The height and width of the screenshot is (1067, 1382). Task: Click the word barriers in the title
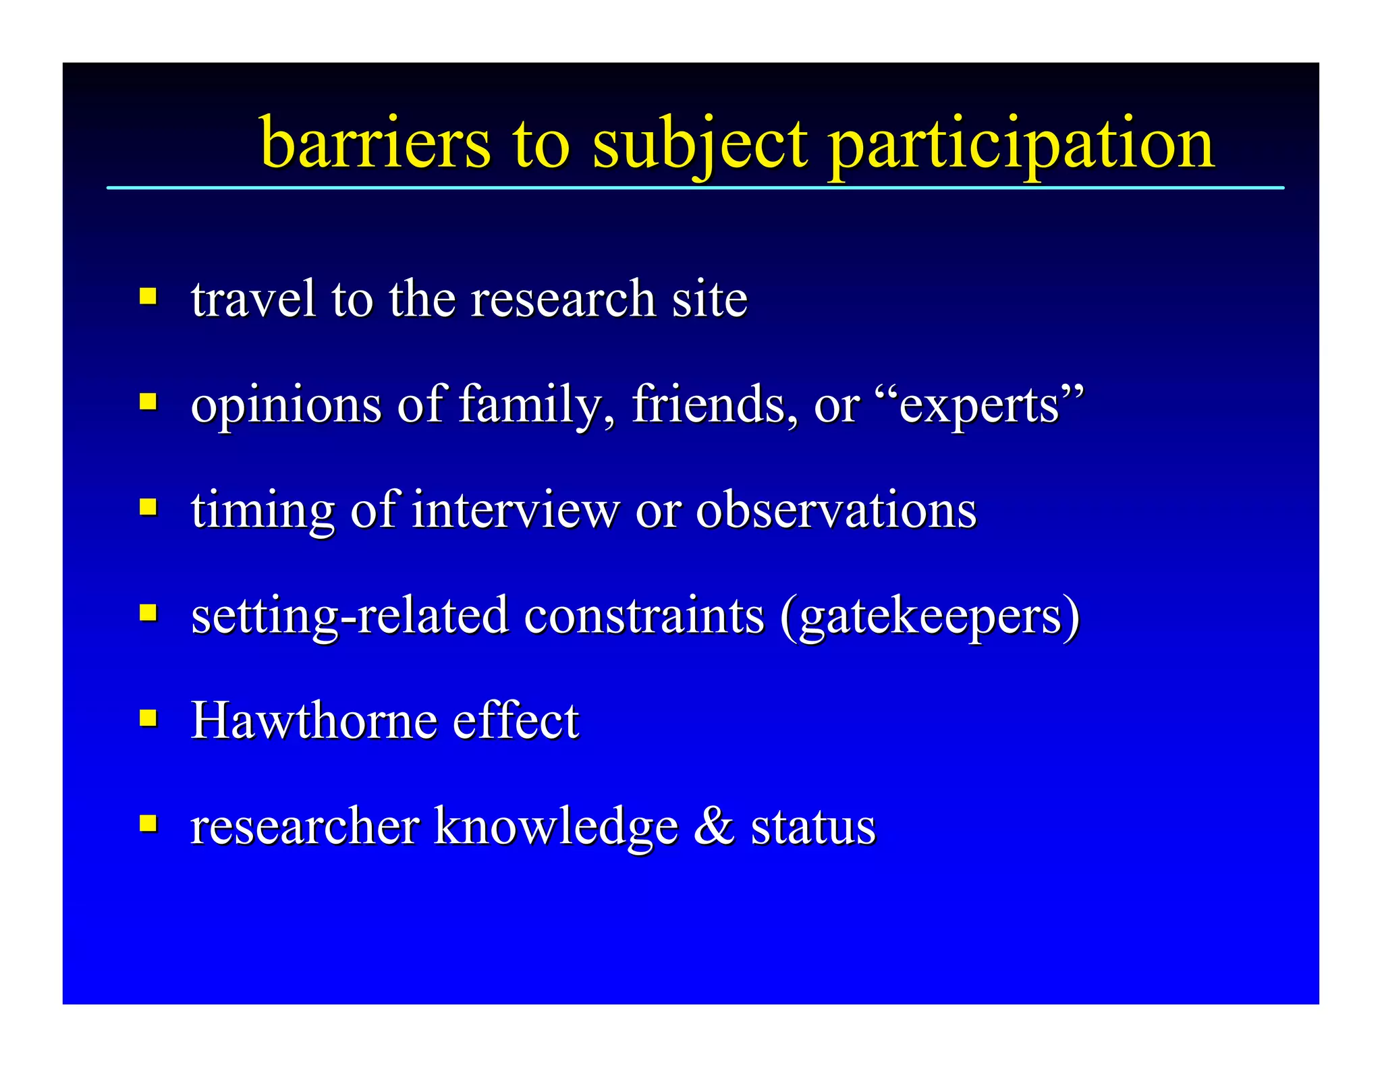(x=375, y=143)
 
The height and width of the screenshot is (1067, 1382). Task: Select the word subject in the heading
(x=699, y=145)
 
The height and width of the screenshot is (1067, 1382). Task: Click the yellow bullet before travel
(x=148, y=296)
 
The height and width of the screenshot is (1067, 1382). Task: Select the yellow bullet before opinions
(x=148, y=402)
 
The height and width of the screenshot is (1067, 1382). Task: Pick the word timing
(x=262, y=511)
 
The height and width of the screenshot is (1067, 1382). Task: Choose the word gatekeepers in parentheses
(x=930, y=616)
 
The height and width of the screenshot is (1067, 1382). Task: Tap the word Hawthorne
(x=314, y=720)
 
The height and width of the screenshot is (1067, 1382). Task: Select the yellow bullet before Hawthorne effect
(x=148, y=718)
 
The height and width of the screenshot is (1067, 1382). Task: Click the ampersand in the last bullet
(x=714, y=826)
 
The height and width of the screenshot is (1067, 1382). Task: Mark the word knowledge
(x=555, y=827)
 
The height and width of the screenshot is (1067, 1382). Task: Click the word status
(x=813, y=827)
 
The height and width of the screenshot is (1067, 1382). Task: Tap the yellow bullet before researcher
(x=148, y=823)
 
